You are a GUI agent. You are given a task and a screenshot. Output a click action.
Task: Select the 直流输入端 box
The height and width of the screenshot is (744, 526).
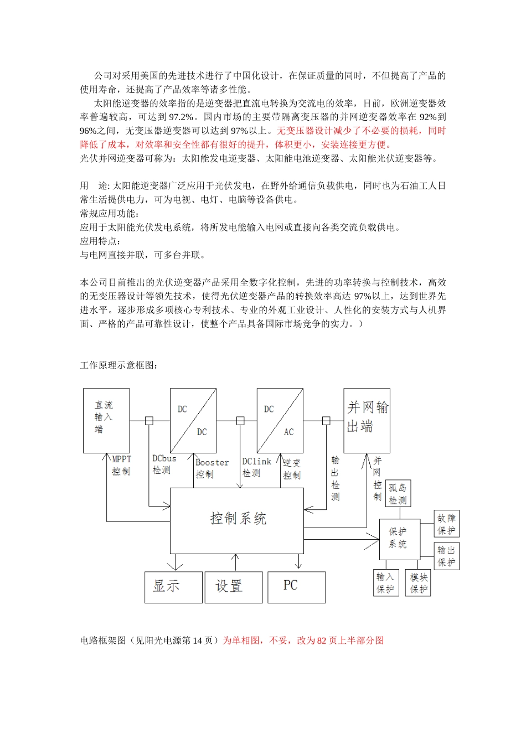tap(106, 420)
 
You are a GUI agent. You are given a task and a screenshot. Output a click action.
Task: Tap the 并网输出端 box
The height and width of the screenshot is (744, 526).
tap(367, 420)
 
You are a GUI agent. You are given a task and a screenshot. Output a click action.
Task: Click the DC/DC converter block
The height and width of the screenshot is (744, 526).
tap(193, 420)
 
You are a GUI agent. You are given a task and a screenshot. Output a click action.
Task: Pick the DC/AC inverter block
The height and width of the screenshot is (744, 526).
tap(280, 420)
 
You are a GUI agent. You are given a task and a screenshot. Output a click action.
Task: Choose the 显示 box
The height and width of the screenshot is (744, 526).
tap(173, 587)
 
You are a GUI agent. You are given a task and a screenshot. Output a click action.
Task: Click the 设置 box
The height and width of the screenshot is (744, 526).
tap(233, 587)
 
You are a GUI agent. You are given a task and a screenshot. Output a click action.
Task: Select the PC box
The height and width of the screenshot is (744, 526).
tap(296, 587)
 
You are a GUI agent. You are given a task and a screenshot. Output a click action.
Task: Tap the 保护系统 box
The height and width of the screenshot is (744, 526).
tap(399, 539)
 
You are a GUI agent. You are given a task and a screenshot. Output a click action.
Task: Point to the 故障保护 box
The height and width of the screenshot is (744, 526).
tap(446, 524)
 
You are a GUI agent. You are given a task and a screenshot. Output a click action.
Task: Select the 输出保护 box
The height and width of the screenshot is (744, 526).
tap(446, 556)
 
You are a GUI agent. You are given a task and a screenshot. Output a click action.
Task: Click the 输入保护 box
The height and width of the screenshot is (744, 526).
tap(385, 583)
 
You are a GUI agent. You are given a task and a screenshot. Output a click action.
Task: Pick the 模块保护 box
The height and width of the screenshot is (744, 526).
tap(418, 583)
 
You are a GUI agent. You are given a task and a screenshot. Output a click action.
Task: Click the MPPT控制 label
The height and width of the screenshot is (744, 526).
tap(121, 465)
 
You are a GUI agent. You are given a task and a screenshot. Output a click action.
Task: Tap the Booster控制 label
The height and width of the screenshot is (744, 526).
tap(212, 468)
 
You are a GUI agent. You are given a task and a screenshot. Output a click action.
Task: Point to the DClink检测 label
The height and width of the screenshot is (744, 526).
tap(256, 467)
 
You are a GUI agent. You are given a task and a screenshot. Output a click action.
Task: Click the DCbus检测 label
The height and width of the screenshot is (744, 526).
tap(164, 464)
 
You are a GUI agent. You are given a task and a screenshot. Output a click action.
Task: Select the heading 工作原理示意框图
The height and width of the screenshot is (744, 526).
tap(119, 365)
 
